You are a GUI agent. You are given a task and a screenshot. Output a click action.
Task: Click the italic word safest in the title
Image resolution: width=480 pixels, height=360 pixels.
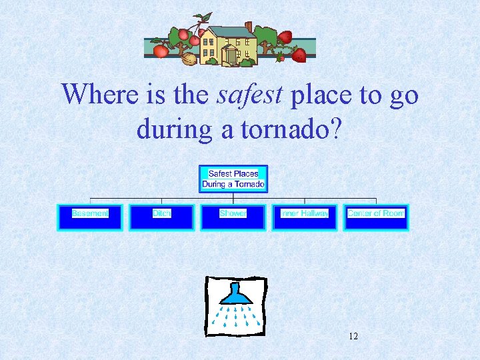[250, 95]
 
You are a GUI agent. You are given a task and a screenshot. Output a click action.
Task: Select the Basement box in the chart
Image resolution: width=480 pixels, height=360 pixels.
[90, 217]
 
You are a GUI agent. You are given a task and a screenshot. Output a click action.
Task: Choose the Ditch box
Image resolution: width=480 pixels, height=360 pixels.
[161, 217]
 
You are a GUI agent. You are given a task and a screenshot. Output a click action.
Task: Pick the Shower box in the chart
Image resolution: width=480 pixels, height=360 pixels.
[233, 217]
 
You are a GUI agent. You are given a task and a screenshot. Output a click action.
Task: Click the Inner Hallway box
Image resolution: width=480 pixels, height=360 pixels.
[304, 217]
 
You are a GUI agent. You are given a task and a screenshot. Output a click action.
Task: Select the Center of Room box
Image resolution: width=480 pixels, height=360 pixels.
[375, 217]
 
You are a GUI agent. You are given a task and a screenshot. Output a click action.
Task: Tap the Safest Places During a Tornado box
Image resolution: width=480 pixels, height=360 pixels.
[233, 179]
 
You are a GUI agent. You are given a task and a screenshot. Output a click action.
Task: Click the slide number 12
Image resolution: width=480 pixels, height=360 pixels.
[353, 336]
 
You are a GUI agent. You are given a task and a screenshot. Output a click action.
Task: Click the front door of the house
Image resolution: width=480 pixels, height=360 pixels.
[231, 55]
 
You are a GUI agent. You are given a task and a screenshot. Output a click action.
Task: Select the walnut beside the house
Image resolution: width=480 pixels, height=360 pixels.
[190, 59]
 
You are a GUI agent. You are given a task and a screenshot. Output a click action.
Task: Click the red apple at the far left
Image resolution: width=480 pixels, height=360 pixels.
[160, 51]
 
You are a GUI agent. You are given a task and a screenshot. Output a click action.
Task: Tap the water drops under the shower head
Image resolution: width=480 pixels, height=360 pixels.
[235, 317]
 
